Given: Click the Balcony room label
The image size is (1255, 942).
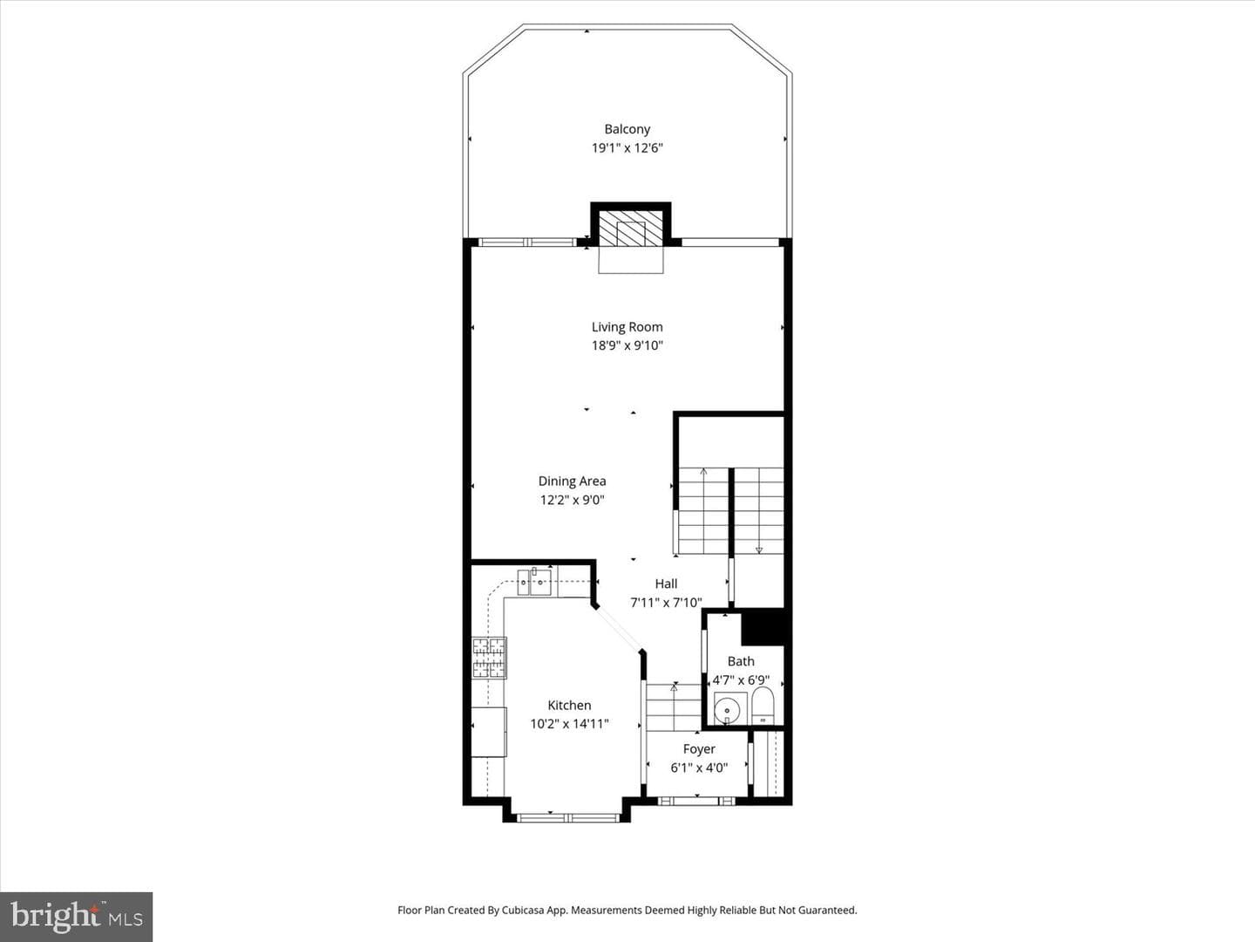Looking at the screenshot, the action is (627, 129).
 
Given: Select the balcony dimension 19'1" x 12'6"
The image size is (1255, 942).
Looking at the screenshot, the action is (627, 148).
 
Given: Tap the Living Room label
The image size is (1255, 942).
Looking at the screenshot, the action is (627, 327).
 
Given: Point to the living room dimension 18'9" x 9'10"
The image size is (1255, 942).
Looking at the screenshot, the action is (627, 345).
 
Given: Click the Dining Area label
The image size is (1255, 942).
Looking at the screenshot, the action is (572, 481).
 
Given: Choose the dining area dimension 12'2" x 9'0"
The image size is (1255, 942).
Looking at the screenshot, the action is (572, 500).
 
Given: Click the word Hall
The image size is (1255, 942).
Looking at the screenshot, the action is (666, 584).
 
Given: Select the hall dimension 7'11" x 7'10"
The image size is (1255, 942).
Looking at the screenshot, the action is (666, 602).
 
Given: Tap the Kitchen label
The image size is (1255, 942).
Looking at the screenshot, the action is (569, 706).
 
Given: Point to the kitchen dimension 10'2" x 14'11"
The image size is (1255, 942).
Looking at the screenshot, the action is (569, 724).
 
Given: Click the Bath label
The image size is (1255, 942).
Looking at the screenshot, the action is (741, 661).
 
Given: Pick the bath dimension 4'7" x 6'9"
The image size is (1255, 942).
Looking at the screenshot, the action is (741, 680).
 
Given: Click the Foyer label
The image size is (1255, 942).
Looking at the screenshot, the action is (699, 749).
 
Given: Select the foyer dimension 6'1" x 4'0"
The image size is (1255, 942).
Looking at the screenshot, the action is (699, 768).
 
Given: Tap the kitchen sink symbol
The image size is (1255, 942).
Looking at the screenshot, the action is (534, 582).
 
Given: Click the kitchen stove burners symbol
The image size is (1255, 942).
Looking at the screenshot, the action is (490, 658).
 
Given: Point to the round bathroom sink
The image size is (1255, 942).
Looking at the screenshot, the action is (727, 711).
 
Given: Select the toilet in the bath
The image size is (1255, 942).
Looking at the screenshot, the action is (762, 706).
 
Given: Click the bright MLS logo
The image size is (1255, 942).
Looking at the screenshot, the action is (76, 917).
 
